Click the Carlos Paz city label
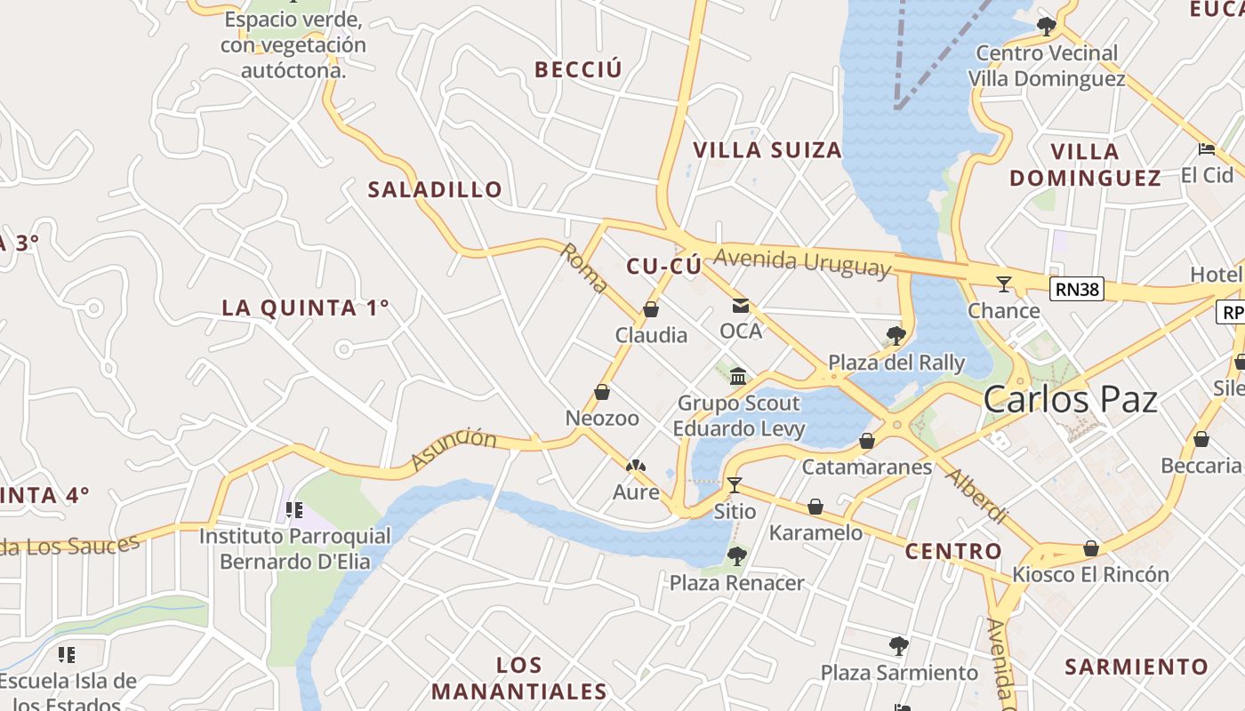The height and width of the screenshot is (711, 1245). [x=1070, y=400]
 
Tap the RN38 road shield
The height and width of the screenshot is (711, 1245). [x=1076, y=289]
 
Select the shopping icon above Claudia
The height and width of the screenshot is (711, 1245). [x=651, y=309]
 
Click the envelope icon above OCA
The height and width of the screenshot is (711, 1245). [x=740, y=306]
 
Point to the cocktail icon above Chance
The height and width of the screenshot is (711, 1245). [x=1004, y=284]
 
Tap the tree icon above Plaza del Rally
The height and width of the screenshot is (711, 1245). [x=896, y=336]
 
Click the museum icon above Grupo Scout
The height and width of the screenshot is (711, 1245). [x=737, y=376]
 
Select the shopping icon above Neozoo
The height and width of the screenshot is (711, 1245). [x=602, y=392]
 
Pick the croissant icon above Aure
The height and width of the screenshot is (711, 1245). [x=636, y=466]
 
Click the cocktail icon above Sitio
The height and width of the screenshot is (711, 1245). [x=735, y=484]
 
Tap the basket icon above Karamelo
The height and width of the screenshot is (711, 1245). [x=815, y=507]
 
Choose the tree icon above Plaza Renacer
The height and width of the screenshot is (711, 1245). [x=736, y=556]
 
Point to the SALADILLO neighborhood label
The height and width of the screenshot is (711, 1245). [x=435, y=189]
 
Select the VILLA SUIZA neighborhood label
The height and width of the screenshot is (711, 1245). [x=767, y=150]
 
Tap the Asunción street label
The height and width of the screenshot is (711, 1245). [x=454, y=450]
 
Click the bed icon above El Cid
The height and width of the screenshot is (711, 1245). [x=1206, y=149]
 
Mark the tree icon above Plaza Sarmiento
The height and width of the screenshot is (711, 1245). [x=899, y=646]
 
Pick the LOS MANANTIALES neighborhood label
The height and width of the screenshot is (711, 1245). [x=519, y=678]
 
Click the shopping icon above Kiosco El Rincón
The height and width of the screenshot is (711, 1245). [x=1091, y=548]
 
